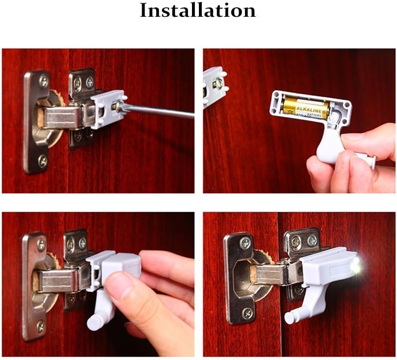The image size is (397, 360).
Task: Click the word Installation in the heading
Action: [x=198, y=11]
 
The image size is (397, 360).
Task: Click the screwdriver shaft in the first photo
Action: [x=159, y=111]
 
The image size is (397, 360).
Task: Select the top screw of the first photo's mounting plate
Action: [x=44, y=80]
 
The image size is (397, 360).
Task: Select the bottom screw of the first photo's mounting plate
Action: [x=43, y=160]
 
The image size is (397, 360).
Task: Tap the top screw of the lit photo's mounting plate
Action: [x=245, y=243]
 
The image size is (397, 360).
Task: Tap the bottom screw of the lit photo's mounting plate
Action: [x=247, y=313]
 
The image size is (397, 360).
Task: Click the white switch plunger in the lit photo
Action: [x=291, y=316]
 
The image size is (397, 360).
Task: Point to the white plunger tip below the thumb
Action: [x=94, y=323]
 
